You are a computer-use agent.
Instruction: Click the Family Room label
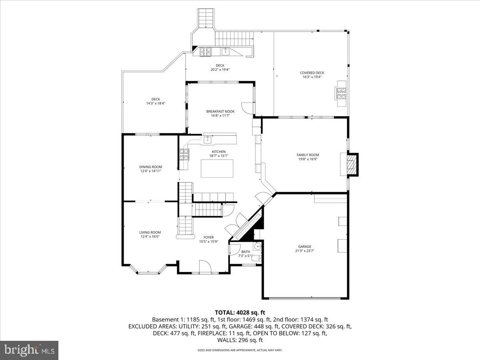pyautogui.click(x=308, y=155)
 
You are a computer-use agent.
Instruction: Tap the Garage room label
pyautogui.click(x=304, y=246)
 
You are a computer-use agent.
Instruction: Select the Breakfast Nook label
pyautogui.click(x=220, y=111)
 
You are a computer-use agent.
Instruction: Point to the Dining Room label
pyautogui.click(x=151, y=167)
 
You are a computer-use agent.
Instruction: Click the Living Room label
pyautogui.click(x=150, y=232)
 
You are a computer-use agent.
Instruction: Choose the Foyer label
pyautogui.click(x=208, y=237)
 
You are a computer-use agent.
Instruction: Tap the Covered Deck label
pyautogui.click(x=312, y=73)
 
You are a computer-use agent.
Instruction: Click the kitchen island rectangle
pyautogui.click(x=217, y=168)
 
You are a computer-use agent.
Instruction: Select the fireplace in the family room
pyautogui.click(x=351, y=164)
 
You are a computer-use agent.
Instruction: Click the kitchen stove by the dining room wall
pyautogui.click(x=184, y=154)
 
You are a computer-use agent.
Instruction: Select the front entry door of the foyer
pyautogui.click(x=204, y=267)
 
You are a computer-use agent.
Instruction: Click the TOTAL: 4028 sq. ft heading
pyautogui.click(x=240, y=312)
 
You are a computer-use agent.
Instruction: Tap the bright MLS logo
pyautogui.click(x=30, y=350)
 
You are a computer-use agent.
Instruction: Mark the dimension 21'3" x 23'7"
pyautogui.click(x=304, y=251)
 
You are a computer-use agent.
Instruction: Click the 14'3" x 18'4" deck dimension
pyautogui.click(x=156, y=104)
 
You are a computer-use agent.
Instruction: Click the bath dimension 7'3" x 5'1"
pyautogui.click(x=246, y=256)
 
